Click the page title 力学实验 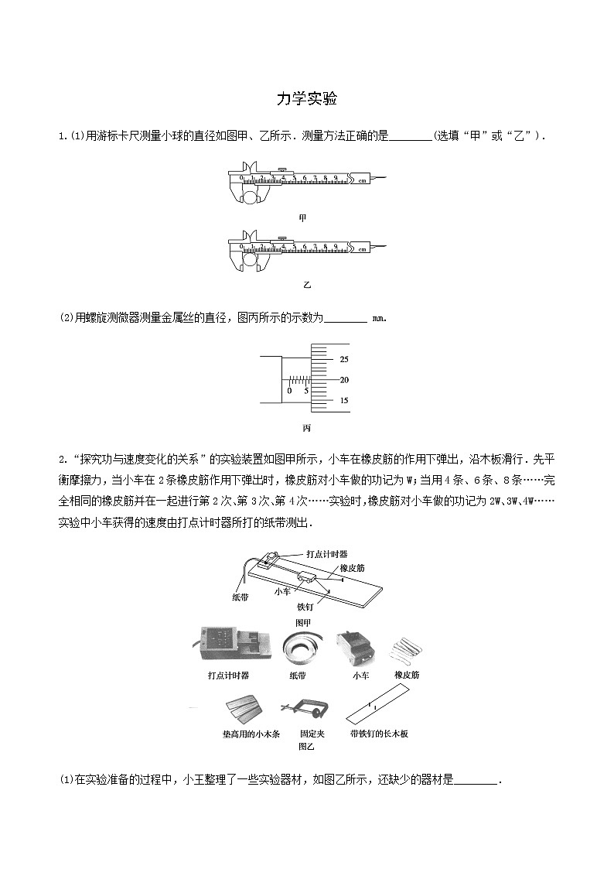[x=307, y=99]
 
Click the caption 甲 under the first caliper [x=302, y=218]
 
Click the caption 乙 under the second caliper [x=306, y=285]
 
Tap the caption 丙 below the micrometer [x=306, y=428]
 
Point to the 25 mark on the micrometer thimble [x=344, y=359]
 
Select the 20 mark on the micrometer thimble [x=344, y=380]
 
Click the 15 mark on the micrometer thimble [x=344, y=401]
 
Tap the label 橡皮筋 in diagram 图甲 [x=352, y=568]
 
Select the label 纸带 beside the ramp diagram [x=240, y=597]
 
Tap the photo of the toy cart [x=355, y=646]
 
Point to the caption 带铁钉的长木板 [x=379, y=734]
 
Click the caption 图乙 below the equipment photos [x=306, y=747]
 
